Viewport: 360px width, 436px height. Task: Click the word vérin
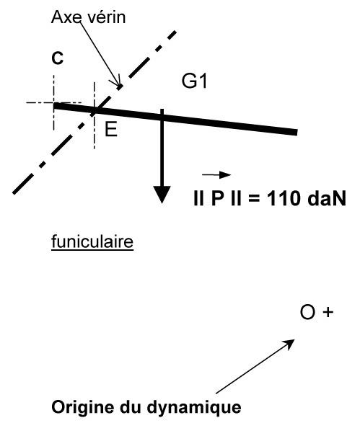point(107,17)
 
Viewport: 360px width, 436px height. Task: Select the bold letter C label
point(58,58)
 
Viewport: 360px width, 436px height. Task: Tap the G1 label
point(194,81)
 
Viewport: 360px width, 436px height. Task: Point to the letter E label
point(111,130)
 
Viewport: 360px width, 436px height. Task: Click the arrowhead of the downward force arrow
point(162,195)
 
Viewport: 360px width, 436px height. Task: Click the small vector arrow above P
point(216,175)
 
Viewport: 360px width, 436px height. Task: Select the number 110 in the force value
point(284,199)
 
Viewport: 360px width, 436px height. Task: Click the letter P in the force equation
point(217,199)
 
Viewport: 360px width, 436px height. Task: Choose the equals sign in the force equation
point(254,199)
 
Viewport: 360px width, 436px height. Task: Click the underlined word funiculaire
point(92,241)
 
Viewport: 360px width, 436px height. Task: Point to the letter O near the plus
point(307,312)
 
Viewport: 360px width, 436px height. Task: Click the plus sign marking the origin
point(328,312)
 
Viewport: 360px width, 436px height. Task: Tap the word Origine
point(83,408)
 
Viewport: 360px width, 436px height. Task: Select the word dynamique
point(194,408)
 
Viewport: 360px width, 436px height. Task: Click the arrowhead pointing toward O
point(290,343)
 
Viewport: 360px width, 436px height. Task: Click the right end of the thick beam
point(297,132)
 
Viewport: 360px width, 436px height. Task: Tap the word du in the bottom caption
point(130,407)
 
